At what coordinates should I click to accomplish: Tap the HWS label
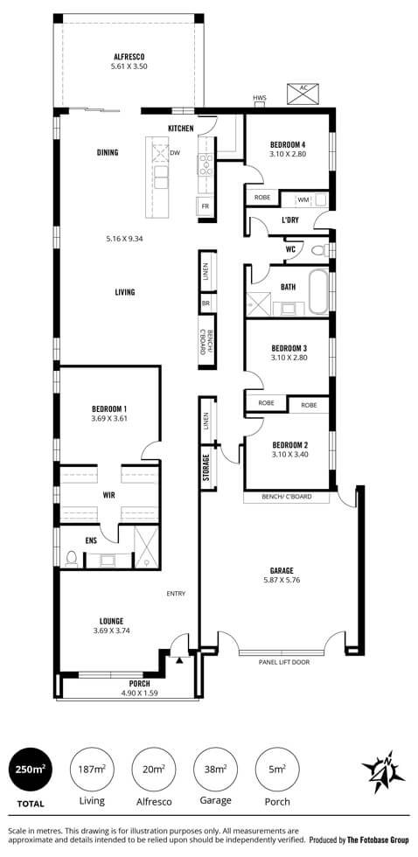[260, 98]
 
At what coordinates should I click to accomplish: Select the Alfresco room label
[129, 56]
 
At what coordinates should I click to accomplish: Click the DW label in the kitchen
[175, 153]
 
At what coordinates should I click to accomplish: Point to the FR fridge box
[206, 206]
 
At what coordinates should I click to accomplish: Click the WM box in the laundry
[303, 200]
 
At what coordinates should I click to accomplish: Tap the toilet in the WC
[319, 250]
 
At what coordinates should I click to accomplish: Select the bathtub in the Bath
[318, 292]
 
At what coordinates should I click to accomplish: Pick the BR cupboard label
[206, 303]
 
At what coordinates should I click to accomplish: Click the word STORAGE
[206, 468]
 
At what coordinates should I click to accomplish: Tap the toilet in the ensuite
[71, 558]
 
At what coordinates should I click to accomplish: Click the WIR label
[108, 496]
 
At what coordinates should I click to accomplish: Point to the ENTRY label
[177, 594]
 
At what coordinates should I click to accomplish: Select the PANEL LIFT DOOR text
[284, 663]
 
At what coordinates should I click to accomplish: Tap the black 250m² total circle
[30, 769]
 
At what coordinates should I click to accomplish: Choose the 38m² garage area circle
[216, 769]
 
